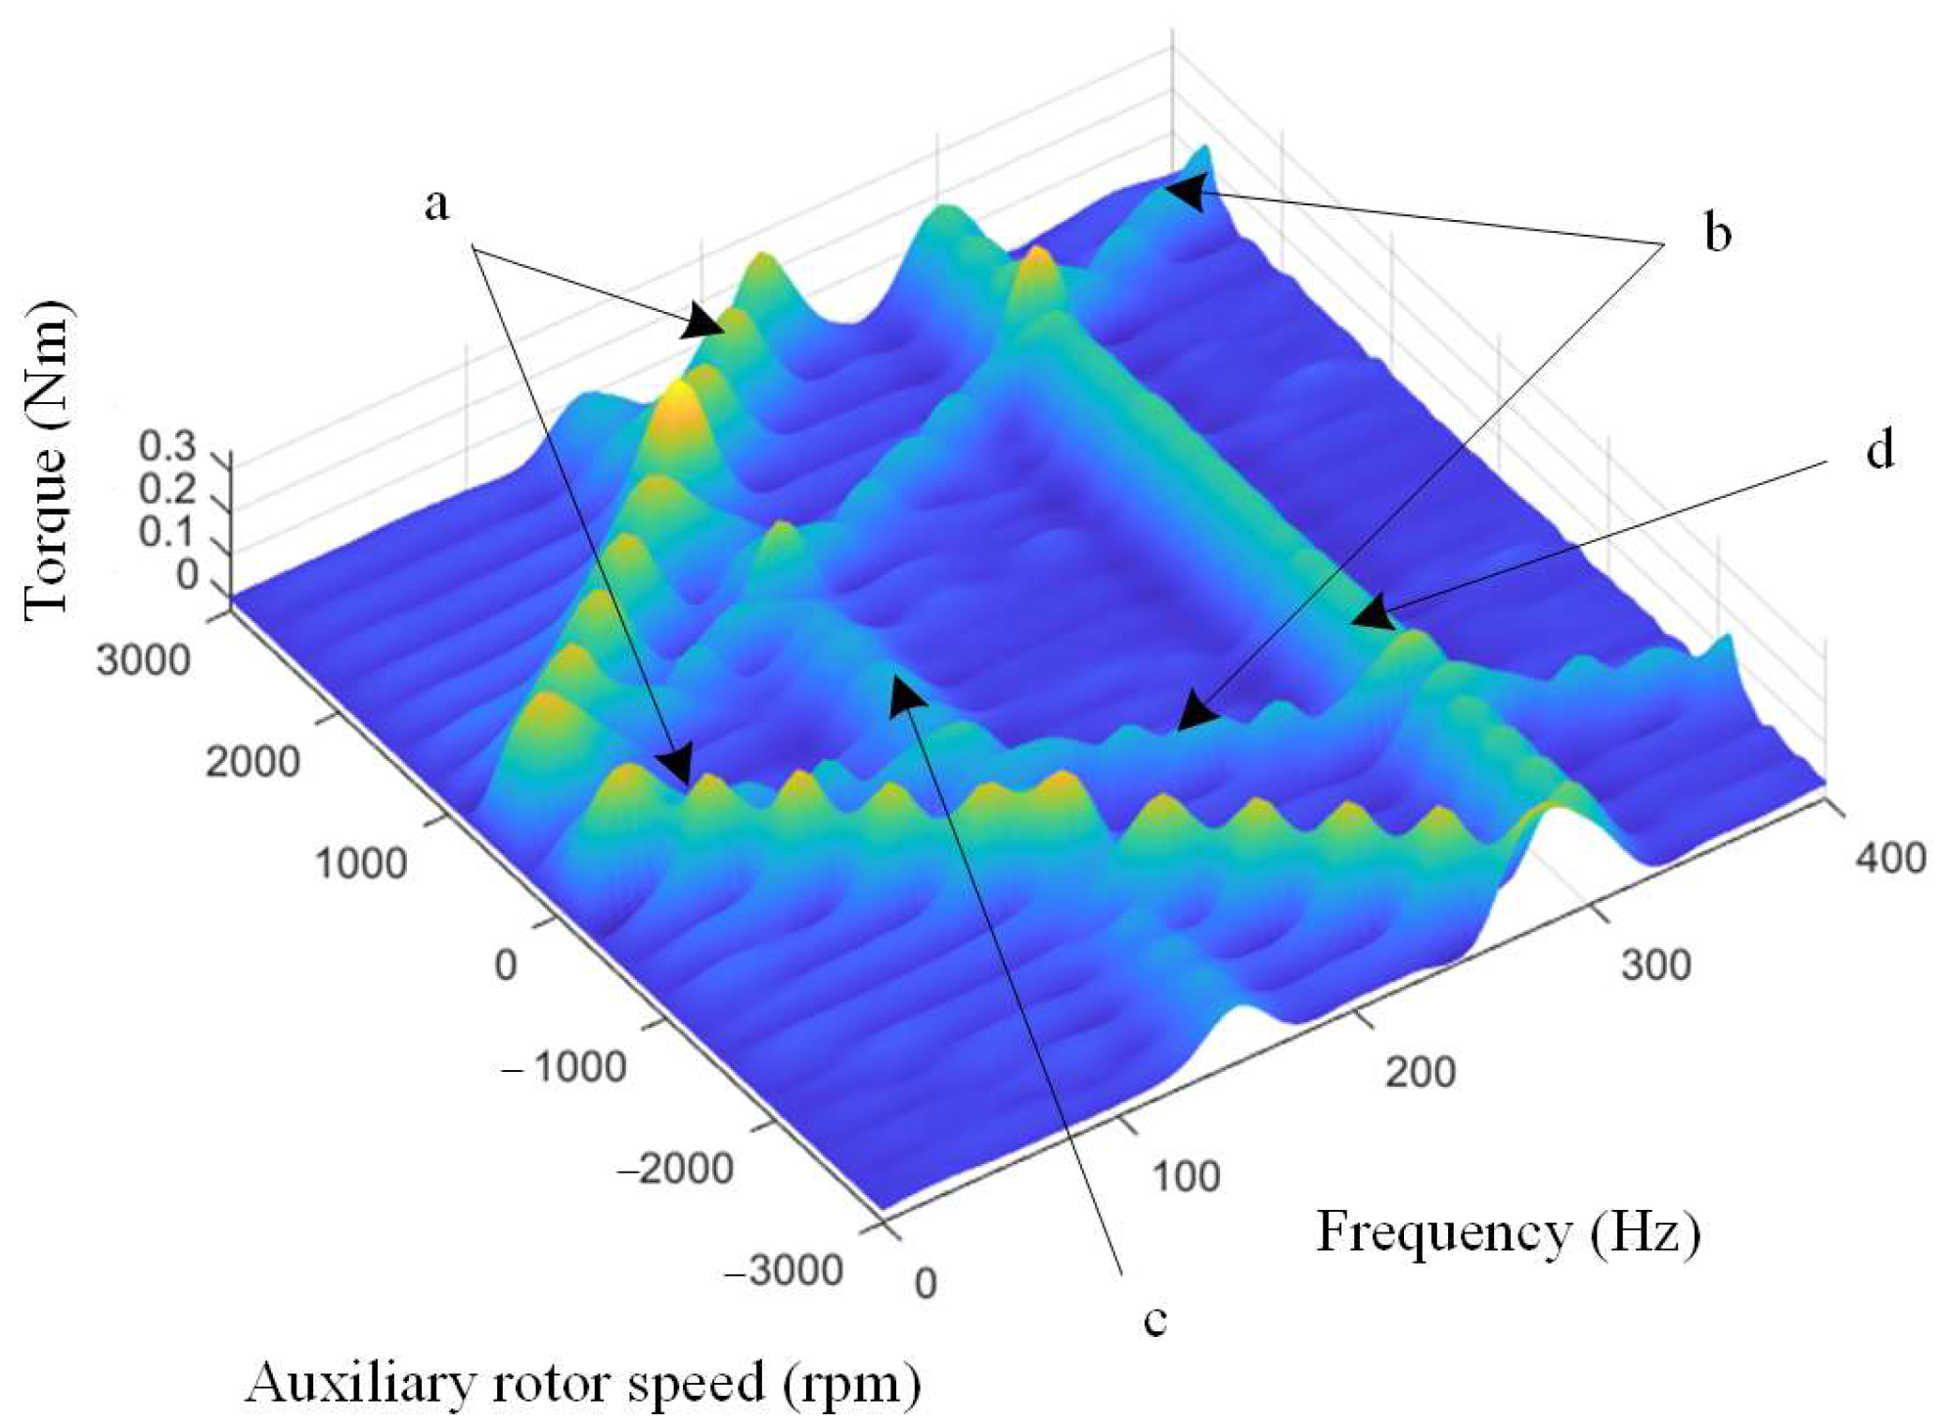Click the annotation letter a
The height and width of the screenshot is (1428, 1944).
point(436,205)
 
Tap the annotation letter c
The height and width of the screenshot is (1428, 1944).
point(1155,1319)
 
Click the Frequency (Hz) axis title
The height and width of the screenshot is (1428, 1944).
point(1508,1232)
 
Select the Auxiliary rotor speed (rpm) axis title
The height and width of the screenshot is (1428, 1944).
point(583,1385)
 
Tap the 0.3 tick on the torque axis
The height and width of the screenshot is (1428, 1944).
point(167,447)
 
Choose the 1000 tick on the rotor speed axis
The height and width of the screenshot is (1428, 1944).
point(360,864)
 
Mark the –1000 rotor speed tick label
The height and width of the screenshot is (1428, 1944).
point(564,1065)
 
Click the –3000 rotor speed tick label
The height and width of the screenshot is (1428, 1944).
point(784,1271)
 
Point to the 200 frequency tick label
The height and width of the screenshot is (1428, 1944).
point(1420,1072)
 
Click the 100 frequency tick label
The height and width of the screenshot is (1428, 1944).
point(1186,1177)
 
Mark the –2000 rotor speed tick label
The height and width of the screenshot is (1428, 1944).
point(675,1168)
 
